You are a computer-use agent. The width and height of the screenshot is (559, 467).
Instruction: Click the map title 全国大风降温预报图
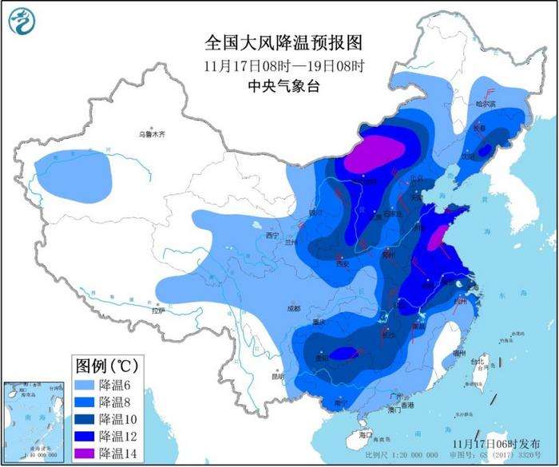click(x=278, y=41)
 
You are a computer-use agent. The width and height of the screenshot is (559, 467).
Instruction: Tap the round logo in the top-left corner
click(x=26, y=24)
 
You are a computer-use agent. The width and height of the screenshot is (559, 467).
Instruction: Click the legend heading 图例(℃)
click(x=107, y=366)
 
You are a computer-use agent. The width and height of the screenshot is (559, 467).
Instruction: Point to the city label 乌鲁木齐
click(x=151, y=135)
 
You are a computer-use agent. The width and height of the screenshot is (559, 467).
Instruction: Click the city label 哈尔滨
click(x=486, y=104)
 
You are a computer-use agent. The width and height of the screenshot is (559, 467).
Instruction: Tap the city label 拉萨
click(x=157, y=310)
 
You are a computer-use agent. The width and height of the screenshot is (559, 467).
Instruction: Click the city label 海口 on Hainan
click(x=367, y=435)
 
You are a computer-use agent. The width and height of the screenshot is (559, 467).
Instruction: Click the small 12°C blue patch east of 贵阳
click(x=343, y=353)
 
